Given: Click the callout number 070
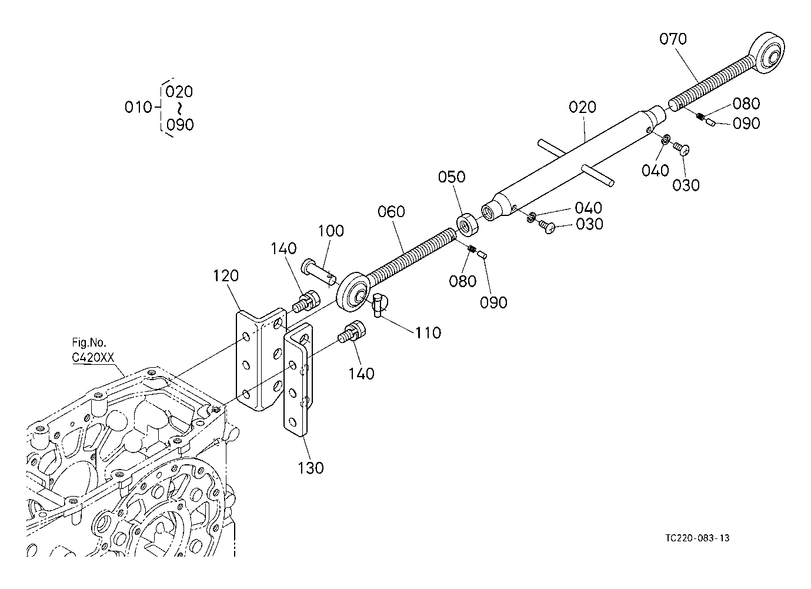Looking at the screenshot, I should point(673,39).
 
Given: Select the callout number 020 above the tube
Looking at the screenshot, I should point(582,107).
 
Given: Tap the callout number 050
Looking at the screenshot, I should point(452,177).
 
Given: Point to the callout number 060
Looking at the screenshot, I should point(392,211).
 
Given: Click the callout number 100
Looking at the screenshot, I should point(331,231).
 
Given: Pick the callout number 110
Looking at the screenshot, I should point(428,333).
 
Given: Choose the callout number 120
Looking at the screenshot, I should point(226,275).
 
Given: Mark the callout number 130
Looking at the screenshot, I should point(311,468).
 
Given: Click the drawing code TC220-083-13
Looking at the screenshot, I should point(699,538).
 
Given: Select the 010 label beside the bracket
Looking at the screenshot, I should point(139,107).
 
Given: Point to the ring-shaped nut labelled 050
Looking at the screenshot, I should point(467,224).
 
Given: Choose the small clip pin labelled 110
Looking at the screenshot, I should point(378,304).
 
